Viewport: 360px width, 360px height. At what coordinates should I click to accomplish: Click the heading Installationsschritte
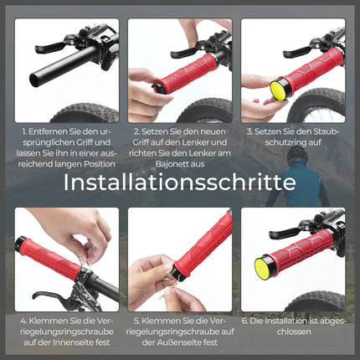coord(180,182)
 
